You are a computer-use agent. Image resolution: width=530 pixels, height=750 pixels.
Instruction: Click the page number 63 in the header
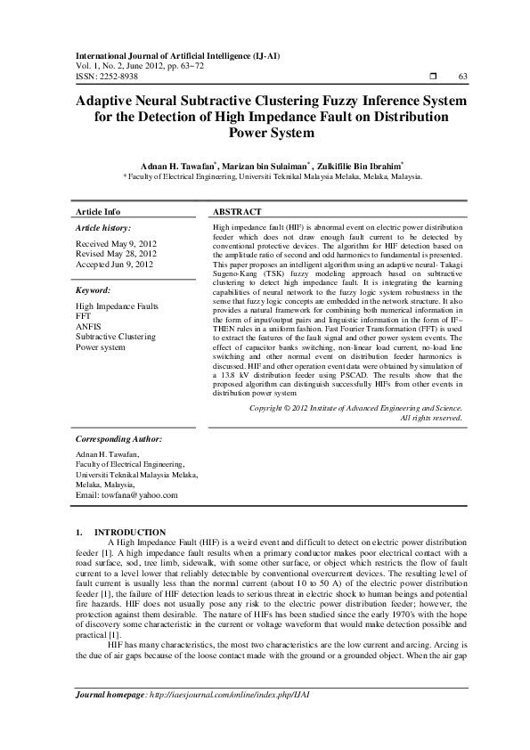[x=462, y=77]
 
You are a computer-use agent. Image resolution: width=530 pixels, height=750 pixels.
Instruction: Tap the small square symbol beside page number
[x=430, y=77]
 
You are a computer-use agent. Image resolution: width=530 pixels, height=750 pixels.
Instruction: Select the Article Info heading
[x=98, y=212]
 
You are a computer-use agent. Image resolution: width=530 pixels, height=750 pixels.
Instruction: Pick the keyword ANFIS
[x=89, y=326]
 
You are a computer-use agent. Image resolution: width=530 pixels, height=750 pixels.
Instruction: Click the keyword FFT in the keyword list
[x=85, y=315]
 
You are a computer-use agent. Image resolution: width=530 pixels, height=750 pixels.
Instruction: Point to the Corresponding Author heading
[x=118, y=439]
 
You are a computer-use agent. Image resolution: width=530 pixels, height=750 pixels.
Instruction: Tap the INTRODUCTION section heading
[x=130, y=532]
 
